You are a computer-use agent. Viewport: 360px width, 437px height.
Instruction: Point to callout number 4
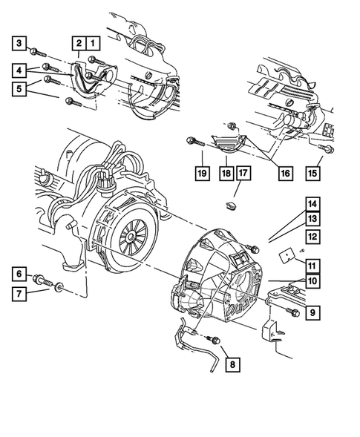pos(21,70)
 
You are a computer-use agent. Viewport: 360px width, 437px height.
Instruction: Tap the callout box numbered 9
pos(313,313)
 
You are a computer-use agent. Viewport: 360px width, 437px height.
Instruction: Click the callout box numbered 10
pos(313,281)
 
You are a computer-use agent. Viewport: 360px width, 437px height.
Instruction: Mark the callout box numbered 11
pos(313,265)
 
